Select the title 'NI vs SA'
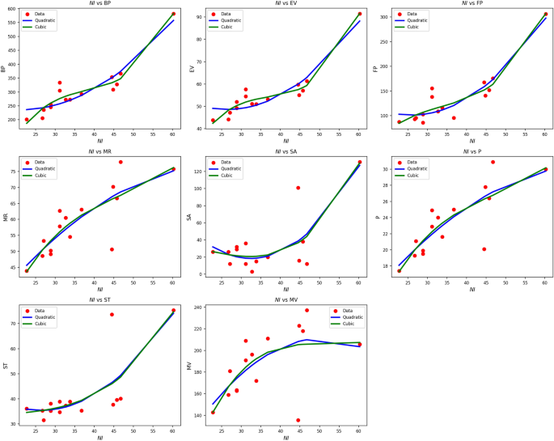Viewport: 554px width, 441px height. pyautogui.click(x=285, y=153)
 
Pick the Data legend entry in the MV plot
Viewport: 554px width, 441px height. pyautogui.click(x=351, y=311)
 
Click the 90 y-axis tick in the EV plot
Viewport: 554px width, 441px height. pyautogui.click(x=200, y=17)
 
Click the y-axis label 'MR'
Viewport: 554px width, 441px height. pyautogui.click(x=5, y=218)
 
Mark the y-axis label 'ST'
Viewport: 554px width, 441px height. pyautogui.click(x=5, y=367)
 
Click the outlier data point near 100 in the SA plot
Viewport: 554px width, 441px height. pyautogui.click(x=298, y=188)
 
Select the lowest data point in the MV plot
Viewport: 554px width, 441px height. pyautogui.click(x=298, y=420)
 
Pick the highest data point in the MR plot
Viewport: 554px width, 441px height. pyautogui.click(x=121, y=162)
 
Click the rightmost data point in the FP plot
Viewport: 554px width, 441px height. pyautogui.click(x=545, y=14)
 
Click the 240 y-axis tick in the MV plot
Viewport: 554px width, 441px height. pyautogui.click(x=198, y=308)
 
